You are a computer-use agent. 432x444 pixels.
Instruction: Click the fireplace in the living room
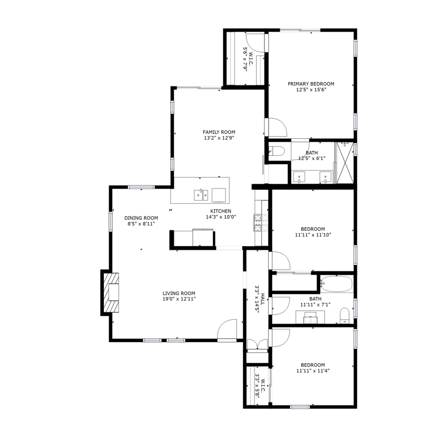[111, 292]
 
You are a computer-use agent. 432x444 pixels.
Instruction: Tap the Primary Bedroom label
[311, 84]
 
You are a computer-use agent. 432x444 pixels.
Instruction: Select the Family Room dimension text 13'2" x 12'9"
[219, 138]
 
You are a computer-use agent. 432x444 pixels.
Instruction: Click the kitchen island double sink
[201, 195]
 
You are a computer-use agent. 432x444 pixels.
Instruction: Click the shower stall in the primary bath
[345, 163]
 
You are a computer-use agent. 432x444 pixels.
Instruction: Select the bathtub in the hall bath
[337, 284]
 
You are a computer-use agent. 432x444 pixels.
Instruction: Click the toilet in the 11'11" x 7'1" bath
[345, 315]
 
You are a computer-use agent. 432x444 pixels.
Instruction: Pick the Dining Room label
[141, 218]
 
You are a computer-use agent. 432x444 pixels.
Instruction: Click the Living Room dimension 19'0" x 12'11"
[179, 299]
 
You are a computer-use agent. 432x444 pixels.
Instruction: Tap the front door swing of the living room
[227, 329]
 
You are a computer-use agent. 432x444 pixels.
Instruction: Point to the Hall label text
[262, 299]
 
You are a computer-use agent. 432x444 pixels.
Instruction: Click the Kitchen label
[221, 211]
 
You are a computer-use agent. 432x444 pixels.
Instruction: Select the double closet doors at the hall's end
[257, 344]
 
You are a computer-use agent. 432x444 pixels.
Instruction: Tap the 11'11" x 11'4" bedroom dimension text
[313, 371]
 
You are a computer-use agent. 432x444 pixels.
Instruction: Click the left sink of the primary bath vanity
[299, 177]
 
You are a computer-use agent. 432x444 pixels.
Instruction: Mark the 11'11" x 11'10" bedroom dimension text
[313, 235]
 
